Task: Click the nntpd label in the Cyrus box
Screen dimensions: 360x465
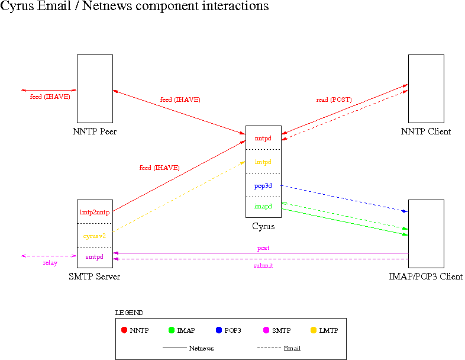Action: tap(263, 138)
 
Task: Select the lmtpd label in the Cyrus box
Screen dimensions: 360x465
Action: tap(263, 162)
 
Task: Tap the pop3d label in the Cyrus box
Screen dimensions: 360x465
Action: tap(263, 185)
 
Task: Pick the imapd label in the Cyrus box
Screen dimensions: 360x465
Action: tap(263, 207)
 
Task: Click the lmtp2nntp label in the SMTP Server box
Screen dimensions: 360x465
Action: tap(95, 212)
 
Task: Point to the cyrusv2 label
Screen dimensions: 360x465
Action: tap(95, 236)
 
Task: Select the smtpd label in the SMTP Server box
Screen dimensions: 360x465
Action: tap(95, 257)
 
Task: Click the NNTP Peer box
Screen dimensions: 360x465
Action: tap(95, 88)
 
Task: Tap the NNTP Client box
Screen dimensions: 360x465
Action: tap(426, 88)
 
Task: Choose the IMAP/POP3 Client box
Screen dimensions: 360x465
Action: tap(426, 233)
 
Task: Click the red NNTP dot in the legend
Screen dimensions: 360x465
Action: tap(124, 330)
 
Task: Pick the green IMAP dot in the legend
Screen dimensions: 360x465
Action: tap(172, 330)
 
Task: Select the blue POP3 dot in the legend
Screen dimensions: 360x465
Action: tap(219, 330)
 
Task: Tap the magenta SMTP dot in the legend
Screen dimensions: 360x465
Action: tap(266, 330)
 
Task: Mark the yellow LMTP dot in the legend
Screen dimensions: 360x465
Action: tap(314, 330)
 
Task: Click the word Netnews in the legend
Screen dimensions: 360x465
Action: tap(201, 348)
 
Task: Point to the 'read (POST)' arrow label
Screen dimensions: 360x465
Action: tap(334, 100)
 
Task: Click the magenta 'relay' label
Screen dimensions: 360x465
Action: tap(50, 263)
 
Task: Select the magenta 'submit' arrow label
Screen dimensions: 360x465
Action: tap(263, 266)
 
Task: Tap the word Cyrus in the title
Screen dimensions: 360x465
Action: tap(15, 7)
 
